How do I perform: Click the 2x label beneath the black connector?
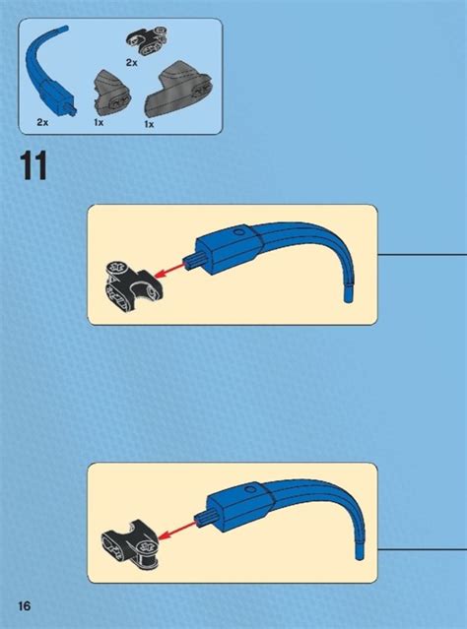(132, 62)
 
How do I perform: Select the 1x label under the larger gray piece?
(149, 124)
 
